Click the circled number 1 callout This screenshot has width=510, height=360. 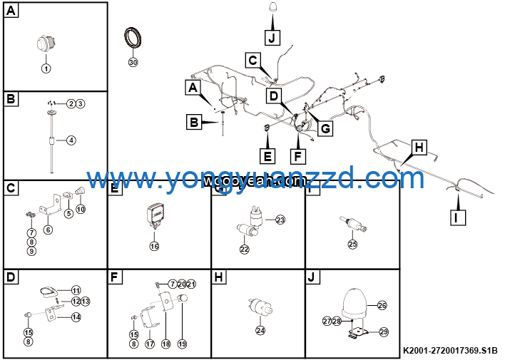pos(46,68)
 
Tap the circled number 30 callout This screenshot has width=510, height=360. pos(132,62)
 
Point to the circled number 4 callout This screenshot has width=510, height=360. pos(71,140)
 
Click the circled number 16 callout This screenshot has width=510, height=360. pos(154,246)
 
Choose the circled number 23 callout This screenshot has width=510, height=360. pos(280,220)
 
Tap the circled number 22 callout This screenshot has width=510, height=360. pos(245,250)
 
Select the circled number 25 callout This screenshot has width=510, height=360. pos(352,244)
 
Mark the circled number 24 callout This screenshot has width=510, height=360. pos(260,330)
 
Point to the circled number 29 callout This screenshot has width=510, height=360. pos(383,332)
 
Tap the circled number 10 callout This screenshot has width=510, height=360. pos(81,209)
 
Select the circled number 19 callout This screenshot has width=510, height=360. pos(182,344)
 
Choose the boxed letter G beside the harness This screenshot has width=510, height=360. pos(325,128)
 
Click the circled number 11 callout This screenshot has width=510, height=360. pos(76,289)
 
